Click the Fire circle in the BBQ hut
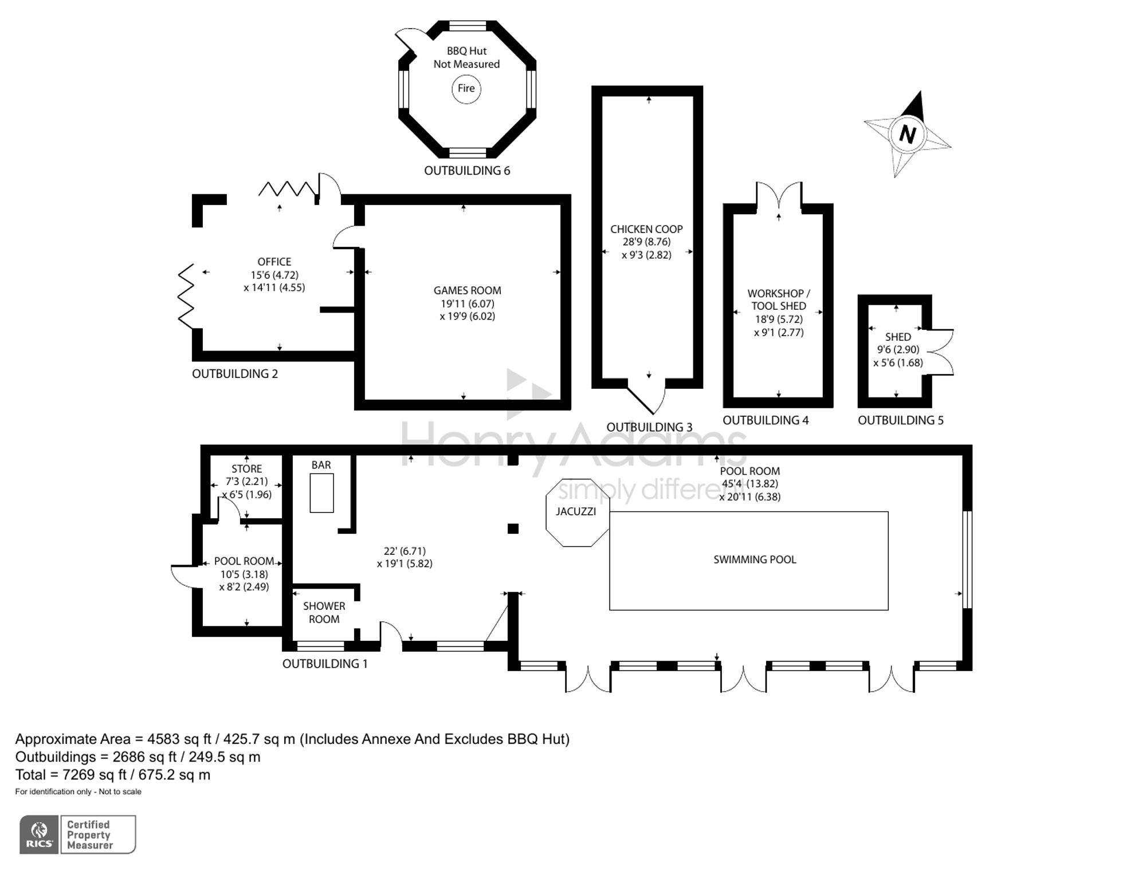tap(466, 89)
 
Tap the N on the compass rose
tap(907, 134)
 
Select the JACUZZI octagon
tap(578, 513)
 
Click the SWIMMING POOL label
tap(755, 559)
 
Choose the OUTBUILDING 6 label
tap(467, 171)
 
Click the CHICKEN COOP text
tap(646, 229)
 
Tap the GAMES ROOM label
tap(467, 290)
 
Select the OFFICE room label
tap(274, 262)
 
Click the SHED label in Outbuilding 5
tap(898, 337)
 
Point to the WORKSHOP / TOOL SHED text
tap(779, 299)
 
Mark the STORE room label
tap(246, 468)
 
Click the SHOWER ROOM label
tap(324, 612)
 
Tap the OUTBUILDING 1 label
tap(325, 664)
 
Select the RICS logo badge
tap(39, 835)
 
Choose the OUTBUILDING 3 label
tap(649, 427)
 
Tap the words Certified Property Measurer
tap(89, 835)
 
